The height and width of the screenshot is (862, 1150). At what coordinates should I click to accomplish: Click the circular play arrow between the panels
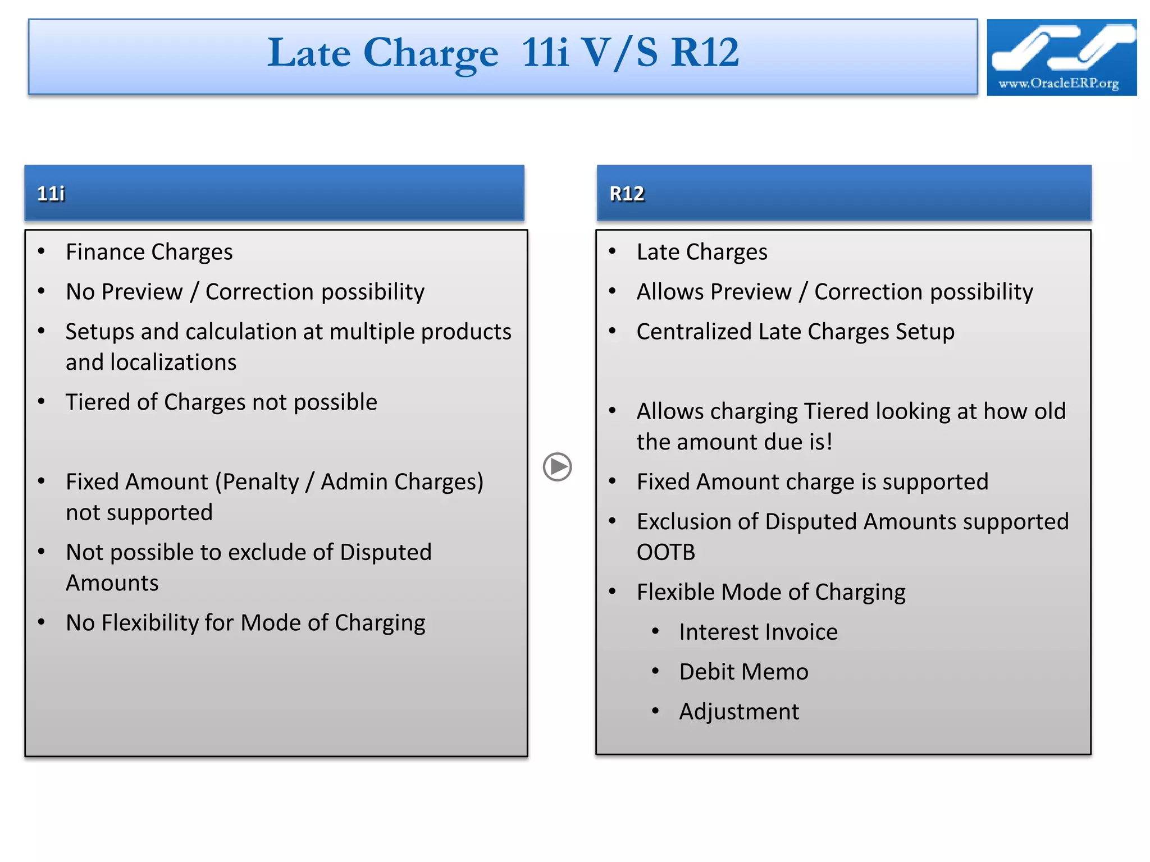[557, 467]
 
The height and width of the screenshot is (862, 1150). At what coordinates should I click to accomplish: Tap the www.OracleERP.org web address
[1058, 84]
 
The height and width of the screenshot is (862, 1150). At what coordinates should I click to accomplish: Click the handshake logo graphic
[1061, 48]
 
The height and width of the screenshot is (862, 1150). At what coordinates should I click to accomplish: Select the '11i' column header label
[51, 194]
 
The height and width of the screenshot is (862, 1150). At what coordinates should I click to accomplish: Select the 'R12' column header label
[627, 194]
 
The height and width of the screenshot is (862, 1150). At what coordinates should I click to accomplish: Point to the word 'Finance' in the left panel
[105, 252]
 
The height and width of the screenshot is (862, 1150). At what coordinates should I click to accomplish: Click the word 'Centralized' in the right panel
[693, 332]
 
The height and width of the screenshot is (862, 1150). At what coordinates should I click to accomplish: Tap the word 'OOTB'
[665, 552]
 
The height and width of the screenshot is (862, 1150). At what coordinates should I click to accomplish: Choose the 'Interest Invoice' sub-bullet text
[758, 632]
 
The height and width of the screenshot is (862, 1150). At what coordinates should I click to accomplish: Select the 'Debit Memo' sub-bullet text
[743, 672]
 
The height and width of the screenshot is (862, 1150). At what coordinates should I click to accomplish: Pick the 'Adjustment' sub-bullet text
[738, 712]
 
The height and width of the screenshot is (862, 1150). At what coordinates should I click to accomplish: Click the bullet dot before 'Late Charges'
[613, 251]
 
